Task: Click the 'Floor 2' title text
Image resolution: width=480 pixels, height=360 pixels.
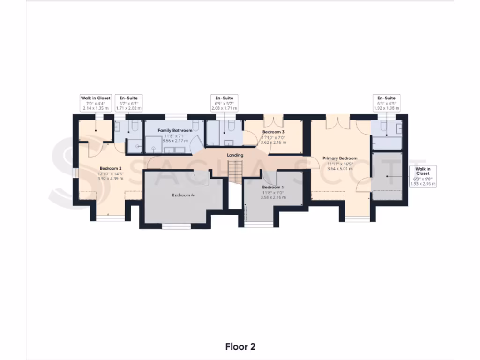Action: pyautogui.click(x=240, y=347)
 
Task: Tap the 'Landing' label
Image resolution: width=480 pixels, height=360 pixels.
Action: pyautogui.click(x=235, y=155)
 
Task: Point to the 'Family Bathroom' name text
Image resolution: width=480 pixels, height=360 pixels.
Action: pyautogui.click(x=175, y=130)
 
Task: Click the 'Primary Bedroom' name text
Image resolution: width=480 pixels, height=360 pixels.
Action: pyautogui.click(x=340, y=158)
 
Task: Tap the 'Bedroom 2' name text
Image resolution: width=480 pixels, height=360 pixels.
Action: pyautogui.click(x=111, y=168)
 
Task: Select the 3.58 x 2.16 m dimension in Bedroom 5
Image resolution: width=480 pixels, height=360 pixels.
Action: pyautogui.click(x=274, y=197)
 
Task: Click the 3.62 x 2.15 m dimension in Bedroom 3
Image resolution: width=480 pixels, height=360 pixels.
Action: pyautogui.click(x=273, y=142)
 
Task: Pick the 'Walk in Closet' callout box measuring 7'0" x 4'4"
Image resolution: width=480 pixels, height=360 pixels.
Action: pyautogui.click(x=96, y=103)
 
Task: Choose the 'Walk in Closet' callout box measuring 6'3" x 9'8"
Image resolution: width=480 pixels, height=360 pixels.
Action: pyautogui.click(x=423, y=176)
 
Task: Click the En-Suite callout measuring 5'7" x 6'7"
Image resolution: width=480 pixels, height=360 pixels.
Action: pyautogui.click(x=128, y=103)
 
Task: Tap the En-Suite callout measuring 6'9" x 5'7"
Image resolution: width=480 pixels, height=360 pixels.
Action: pyautogui.click(x=225, y=103)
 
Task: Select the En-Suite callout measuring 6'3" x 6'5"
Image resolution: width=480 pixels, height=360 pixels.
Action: pyautogui.click(x=387, y=103)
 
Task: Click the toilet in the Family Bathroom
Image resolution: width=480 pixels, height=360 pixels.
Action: pyautogui.click(x=197, y=127)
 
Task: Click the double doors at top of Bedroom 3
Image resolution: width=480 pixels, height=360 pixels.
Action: pyautogui.click(x=273, y=121)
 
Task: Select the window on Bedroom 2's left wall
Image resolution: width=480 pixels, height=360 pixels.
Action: pyautogui.click(x=75, y=172)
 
